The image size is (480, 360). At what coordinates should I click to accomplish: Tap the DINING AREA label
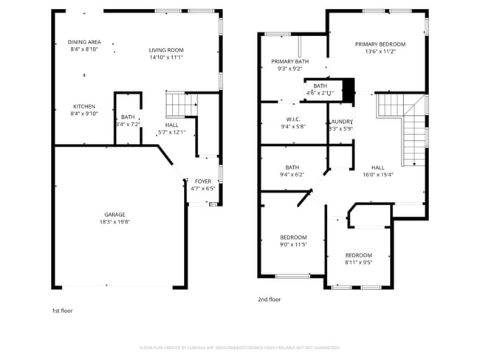coord(84,42)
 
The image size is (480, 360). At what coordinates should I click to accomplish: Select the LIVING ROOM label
coord(166,49)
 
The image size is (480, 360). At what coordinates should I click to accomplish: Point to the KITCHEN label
coord(84,106)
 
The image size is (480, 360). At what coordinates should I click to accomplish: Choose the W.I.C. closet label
coord(292,119)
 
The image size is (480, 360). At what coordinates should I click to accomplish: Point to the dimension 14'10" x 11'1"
coord(166,57)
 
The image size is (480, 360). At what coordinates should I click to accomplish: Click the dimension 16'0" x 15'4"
coord(377,175)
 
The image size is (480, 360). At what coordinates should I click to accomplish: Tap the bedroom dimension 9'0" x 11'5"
coord(292,244)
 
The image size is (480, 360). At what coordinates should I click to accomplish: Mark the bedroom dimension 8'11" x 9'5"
coord(358,262)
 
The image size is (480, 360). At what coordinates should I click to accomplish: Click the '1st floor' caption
coord(62,311)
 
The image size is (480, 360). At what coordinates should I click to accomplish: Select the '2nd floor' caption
coord(270,300)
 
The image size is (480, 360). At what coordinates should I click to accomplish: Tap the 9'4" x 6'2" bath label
coord(292,175)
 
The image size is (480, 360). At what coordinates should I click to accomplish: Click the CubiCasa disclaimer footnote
coord(239,347)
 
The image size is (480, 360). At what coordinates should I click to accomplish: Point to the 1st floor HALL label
coord(171,125)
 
